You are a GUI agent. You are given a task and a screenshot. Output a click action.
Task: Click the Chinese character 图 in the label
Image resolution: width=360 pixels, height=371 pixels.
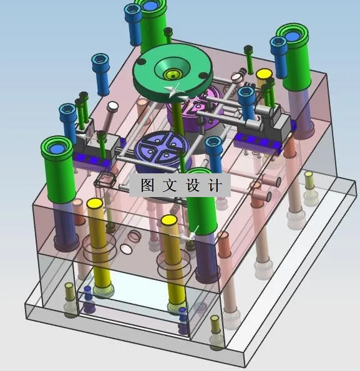point(147,185)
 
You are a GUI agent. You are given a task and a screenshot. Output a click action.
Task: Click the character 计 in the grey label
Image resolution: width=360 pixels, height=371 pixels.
point(215,185)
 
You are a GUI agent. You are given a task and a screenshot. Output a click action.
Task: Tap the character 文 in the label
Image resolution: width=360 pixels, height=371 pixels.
point(170,185)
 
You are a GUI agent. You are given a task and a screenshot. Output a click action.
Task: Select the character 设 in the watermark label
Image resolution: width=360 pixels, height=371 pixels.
point(192,185)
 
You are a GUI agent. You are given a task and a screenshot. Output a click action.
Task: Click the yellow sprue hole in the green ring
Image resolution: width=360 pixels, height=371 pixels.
point(172,75)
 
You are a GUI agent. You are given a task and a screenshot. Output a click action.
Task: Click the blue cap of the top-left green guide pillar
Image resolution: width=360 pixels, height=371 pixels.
point(150,6)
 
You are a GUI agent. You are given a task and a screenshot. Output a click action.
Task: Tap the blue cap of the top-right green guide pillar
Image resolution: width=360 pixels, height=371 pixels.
point(293,36)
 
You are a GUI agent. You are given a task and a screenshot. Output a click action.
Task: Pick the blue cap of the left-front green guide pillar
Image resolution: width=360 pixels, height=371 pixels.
point(57,149)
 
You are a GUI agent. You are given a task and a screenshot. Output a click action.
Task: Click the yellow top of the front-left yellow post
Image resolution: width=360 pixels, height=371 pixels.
point(95,203)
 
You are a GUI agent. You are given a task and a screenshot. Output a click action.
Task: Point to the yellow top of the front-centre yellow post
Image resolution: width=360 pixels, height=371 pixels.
point(168,219)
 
